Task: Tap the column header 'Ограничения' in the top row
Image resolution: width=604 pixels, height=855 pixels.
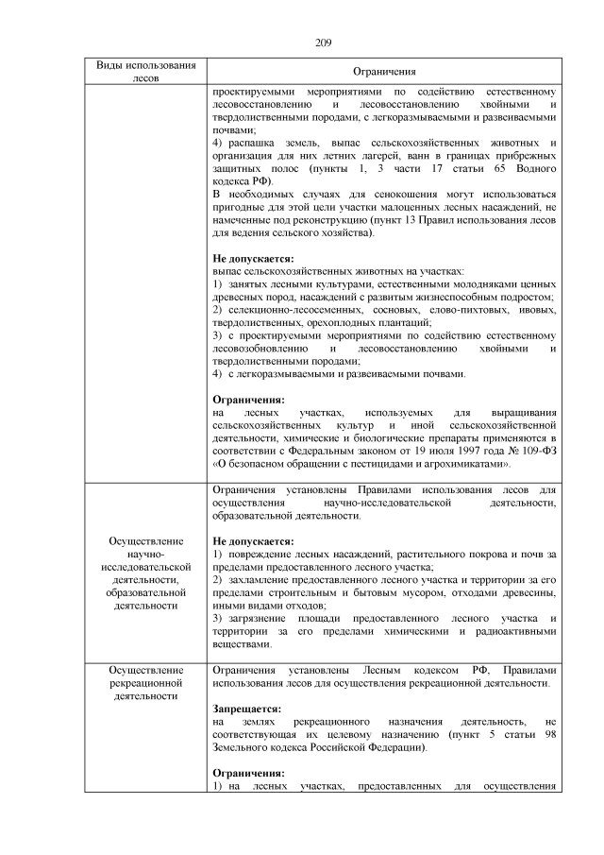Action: pyautogui.click(x=384, y=73)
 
